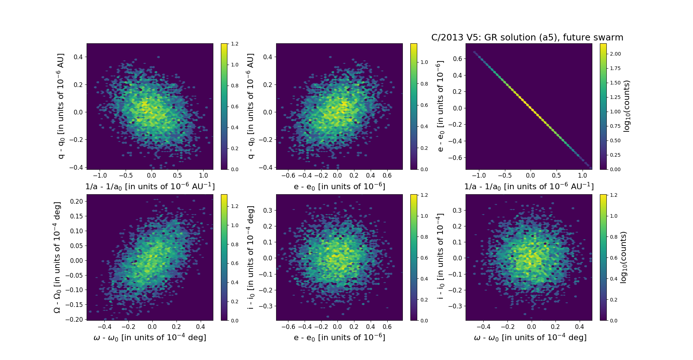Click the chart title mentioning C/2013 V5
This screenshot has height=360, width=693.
point(527,38)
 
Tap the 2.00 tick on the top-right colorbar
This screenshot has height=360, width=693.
point(615,54)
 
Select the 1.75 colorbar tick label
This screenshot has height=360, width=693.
point(615,68)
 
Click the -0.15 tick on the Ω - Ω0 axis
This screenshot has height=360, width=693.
point(74,304)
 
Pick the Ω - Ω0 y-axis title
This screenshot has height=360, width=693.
point(57,257)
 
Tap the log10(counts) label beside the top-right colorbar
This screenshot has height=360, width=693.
point(627,106)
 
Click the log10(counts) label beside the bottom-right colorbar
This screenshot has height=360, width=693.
point(623,257)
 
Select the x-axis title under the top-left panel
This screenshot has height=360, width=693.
point(150,186)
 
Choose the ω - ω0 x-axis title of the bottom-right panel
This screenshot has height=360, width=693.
point(530,337)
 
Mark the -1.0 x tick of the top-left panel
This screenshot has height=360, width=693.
point(100,175)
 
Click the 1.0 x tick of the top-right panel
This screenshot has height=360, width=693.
point(582,175)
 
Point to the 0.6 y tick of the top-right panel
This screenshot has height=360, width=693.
point(457,59)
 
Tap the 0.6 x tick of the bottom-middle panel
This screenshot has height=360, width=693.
point(387,327)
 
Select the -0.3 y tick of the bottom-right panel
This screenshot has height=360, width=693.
point(456,306)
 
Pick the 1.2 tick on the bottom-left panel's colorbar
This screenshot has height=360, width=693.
point(235,206)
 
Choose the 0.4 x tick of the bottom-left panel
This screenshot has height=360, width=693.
point(200,327)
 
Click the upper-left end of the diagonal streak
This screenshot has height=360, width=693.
point(474,52)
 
